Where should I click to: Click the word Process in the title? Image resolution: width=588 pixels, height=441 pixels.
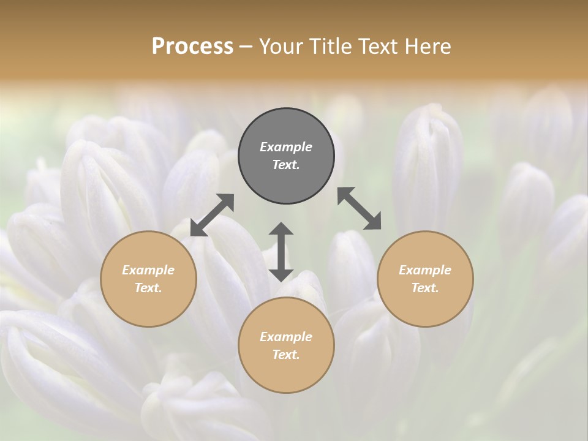[x=192, y=47]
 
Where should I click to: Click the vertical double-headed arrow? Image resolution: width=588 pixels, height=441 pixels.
[x=281, y=252]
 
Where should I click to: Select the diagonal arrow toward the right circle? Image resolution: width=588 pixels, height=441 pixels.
[x=360, y=209]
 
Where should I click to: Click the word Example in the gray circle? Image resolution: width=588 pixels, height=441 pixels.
[x=286, y=147]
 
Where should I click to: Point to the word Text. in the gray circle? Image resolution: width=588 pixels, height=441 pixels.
[x=286, y=165]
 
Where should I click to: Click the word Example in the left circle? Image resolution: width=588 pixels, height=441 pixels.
[x=148, y=270]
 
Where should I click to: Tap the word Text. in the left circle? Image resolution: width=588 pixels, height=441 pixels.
[x=148, y=288]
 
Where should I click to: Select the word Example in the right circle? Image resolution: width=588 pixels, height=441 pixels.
[x=425, y=270]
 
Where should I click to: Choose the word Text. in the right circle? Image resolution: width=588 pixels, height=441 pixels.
[x=425, y=288]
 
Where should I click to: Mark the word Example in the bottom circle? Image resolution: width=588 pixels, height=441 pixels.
[x=286, y=337]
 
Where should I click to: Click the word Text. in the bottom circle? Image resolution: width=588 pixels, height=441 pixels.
[x=286, y=355]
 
